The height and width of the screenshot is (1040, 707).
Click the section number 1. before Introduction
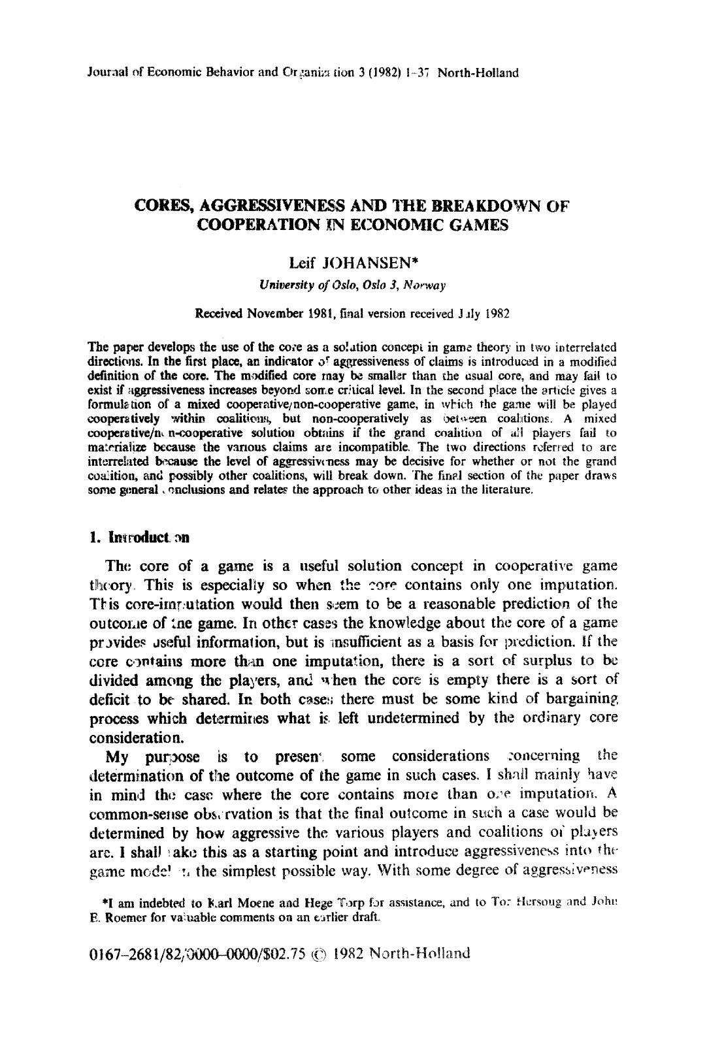(93, 538)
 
